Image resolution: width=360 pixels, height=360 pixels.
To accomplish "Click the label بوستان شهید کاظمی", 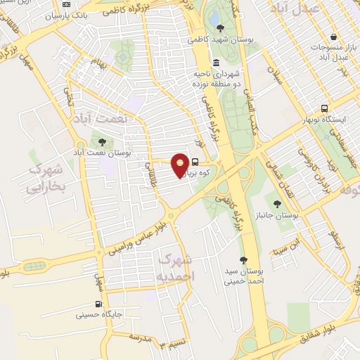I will (x=221, y=41).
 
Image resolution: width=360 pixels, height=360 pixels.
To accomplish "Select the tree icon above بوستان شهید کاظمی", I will (x=221, y=28).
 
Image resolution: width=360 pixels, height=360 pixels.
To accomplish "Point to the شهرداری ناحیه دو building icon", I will (x=216, y=63).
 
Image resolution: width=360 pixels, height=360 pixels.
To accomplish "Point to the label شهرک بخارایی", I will (x=46, y=179).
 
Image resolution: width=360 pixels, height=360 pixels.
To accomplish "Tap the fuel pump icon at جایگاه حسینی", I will (x=98, y=304).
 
